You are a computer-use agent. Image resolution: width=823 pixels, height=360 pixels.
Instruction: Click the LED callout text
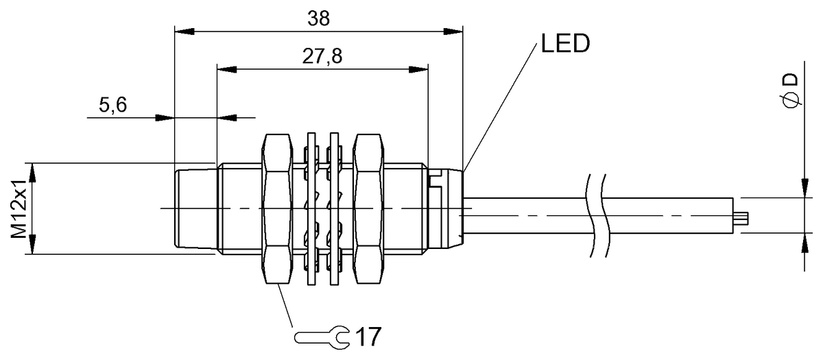coord(564,45)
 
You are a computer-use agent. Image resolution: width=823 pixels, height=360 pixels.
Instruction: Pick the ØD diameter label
coord(790,91)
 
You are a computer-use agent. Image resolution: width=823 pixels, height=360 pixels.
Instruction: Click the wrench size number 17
coord(367,337)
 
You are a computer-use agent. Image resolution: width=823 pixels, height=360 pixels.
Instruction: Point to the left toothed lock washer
coord(312,208)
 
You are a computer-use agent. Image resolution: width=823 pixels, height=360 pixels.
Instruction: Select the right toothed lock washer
coord(335,208)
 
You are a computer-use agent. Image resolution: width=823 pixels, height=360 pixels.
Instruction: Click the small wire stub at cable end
coord(743,218)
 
